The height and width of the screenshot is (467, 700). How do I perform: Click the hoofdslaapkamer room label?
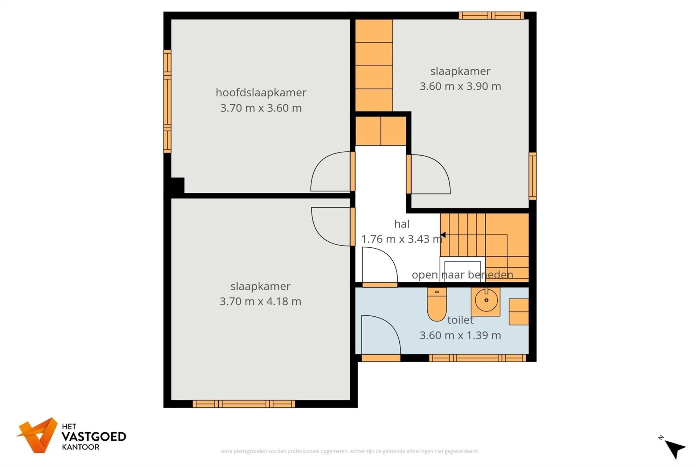[261, 92]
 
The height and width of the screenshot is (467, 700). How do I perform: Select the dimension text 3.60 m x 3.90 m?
[460, 86]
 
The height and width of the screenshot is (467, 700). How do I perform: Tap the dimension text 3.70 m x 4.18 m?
[260, 301]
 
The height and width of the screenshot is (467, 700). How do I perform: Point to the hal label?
[401, 224]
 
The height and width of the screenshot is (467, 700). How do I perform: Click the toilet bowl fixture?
[436, 305]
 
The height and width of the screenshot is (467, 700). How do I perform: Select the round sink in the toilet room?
[486, 301]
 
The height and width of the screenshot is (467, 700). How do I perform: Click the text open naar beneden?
[462, 275]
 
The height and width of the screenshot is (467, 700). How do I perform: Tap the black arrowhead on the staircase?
[443, 235]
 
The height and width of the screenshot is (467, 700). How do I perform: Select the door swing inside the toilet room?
[380, 335]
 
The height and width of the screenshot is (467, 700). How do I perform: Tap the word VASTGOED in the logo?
[93, 437]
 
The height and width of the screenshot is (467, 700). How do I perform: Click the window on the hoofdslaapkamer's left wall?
[167, 101]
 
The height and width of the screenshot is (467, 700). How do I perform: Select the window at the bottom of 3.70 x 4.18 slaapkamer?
[244, 404]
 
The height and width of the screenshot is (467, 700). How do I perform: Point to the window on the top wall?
[491, 15]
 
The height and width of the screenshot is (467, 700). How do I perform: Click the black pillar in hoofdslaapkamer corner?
[177, 185]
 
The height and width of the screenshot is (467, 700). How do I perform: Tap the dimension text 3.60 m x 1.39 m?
[460, 335]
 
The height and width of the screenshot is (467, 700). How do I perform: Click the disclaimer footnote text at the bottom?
[350, 451]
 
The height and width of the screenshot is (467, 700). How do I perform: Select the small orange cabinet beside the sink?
[518, 312]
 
